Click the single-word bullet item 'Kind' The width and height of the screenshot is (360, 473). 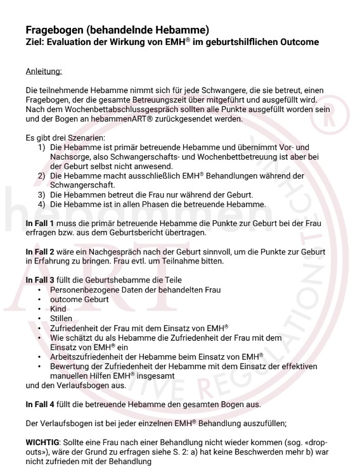coord(58,308)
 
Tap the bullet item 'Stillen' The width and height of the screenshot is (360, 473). coord(61,318)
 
